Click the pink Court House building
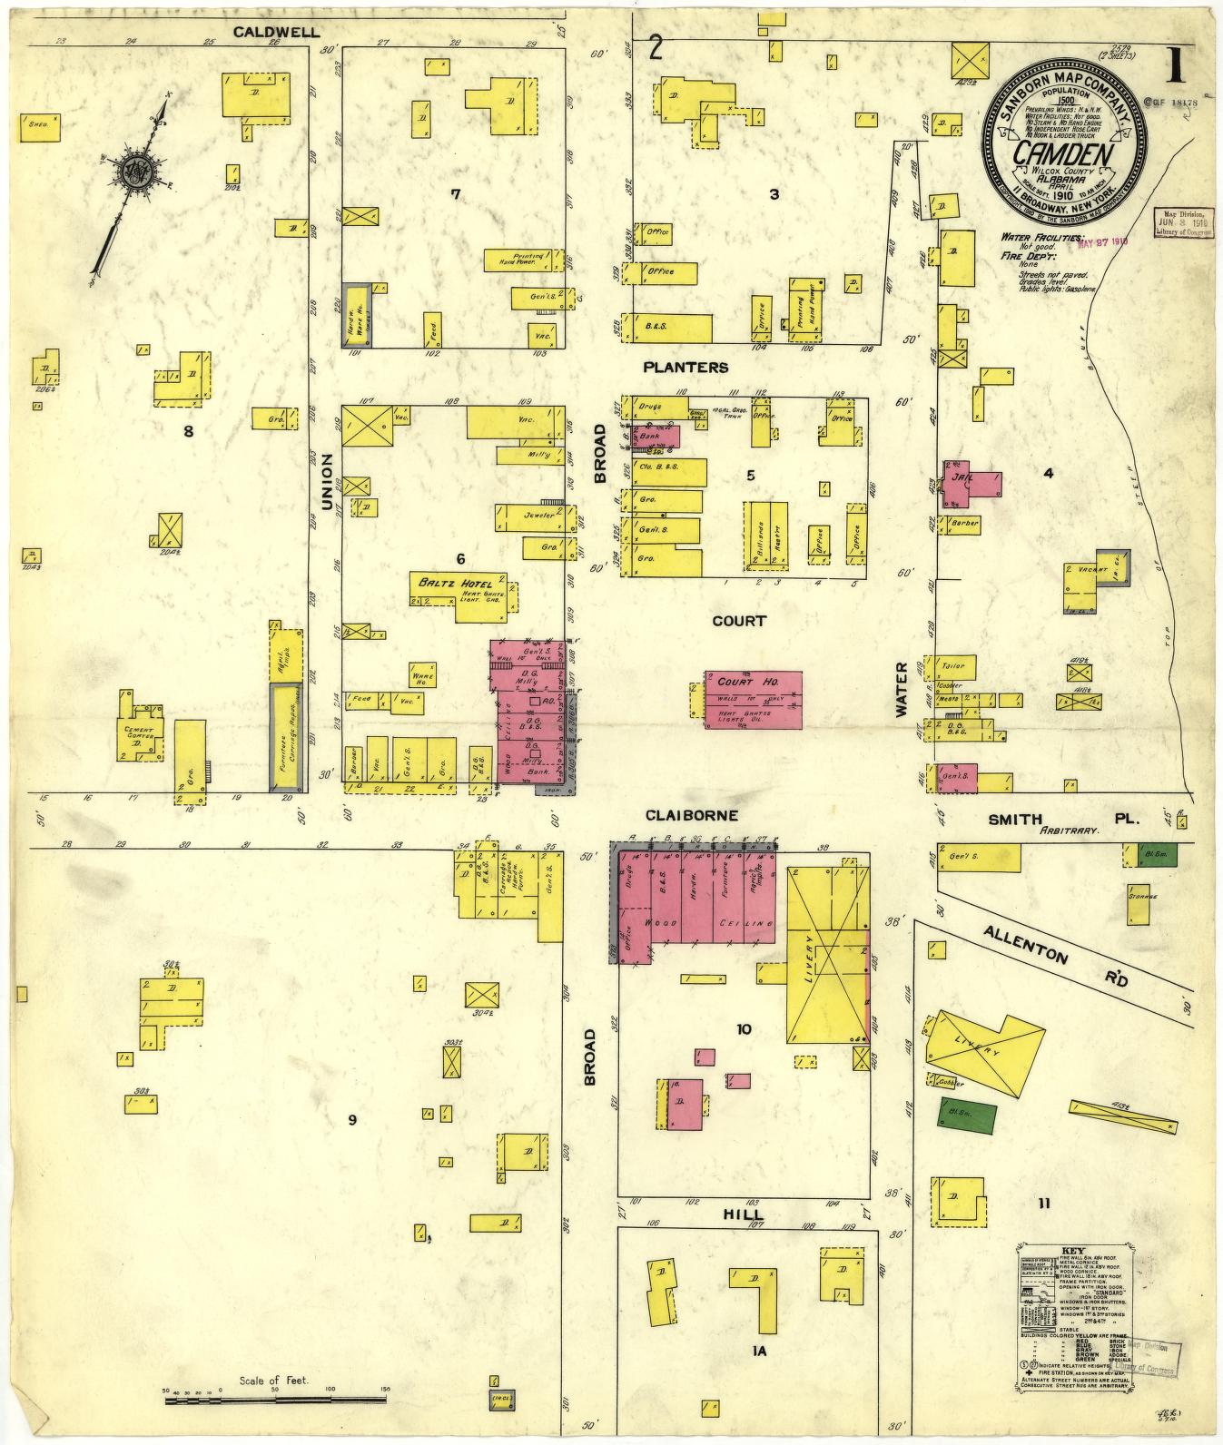click(754, 699)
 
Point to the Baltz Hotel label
click(455, 582)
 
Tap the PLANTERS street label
click(685, 367)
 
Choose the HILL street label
click(743, 1214)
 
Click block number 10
click(744, 1028)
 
